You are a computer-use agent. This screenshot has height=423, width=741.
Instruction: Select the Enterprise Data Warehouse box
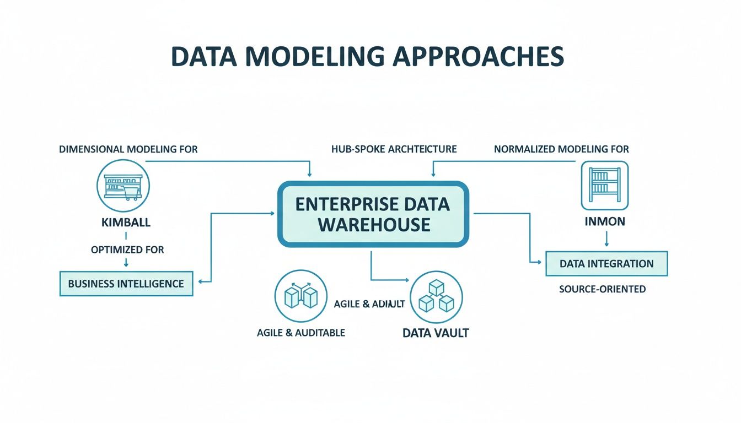pyautogui.click(x=373, y=214)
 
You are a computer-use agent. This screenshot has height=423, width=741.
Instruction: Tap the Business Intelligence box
pyautogui.click(x=126, y=284)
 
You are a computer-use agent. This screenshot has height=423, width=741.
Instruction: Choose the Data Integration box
pyautogui.click(x=606, y=263)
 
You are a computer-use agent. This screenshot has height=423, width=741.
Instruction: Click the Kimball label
pyautogui.click(x=126, y=223)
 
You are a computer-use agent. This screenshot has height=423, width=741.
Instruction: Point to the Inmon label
pyautogui.click(x=605, y=222)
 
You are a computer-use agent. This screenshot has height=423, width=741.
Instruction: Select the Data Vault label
pyautogui.click(x=436, y=333)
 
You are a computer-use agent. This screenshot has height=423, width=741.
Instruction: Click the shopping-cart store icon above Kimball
pyautogui.click(x=123, y=185)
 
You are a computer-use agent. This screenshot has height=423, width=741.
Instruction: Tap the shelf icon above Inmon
pyautogui.click(x=605, y=185)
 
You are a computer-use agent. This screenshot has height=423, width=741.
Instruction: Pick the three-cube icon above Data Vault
pyautogui.click(x=437, y=298)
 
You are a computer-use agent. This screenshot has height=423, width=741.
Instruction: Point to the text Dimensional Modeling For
pyautogui.click(x=128, y=149)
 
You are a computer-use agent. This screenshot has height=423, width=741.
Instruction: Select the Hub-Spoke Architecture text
pyautogui.click(x=394, y=149)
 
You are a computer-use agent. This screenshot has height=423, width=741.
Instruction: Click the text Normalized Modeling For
pyautogui.click(x=561, y=149)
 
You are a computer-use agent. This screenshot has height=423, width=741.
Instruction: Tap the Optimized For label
pyautogui.click(x=127, y=250)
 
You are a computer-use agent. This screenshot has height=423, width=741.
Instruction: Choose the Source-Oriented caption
pyautogui.click(x=602, y=289)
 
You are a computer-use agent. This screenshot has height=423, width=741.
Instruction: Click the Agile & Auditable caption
pyautogui.click(x=301, y=333)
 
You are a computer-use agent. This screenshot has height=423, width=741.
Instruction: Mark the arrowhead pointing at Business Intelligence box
pyautogui.click(x=200, y=282)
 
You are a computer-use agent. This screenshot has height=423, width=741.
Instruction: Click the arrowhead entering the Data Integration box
pyautogui.click(x=541, y=262)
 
